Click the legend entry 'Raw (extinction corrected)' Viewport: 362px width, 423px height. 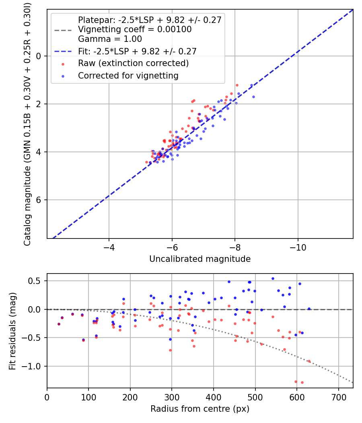[133, 63]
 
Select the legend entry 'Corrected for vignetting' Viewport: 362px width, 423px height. [128, 75]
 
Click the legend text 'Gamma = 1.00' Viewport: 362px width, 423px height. [110, 39]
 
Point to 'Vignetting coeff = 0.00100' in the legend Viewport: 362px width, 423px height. [135, 29]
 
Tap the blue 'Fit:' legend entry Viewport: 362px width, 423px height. [137, 51]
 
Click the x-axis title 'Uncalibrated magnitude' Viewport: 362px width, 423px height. [200, 259]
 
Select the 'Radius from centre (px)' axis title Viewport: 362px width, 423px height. [200, 409]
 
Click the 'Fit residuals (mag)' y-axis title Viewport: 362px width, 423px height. [12, 331]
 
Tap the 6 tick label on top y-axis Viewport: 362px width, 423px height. [39, 200]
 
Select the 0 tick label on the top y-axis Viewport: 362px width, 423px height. [39, 56]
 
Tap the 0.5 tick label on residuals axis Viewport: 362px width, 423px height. [36, 281]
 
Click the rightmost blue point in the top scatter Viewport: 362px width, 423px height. [253, 97]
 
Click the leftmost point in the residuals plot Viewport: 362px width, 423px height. [59, 324]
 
